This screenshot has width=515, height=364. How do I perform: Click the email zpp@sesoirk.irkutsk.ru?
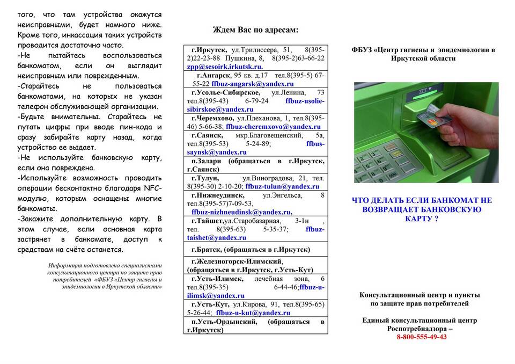tap(225, 67)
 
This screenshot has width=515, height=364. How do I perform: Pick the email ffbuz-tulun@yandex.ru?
tap(282, 186)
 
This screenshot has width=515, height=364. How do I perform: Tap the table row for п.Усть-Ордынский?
tap(255, 325)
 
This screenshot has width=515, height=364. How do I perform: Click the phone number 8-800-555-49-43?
tap(422, 337)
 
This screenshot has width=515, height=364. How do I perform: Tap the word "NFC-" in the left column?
tap(152, 188)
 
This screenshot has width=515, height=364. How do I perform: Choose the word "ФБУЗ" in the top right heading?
tap(363, 50)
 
